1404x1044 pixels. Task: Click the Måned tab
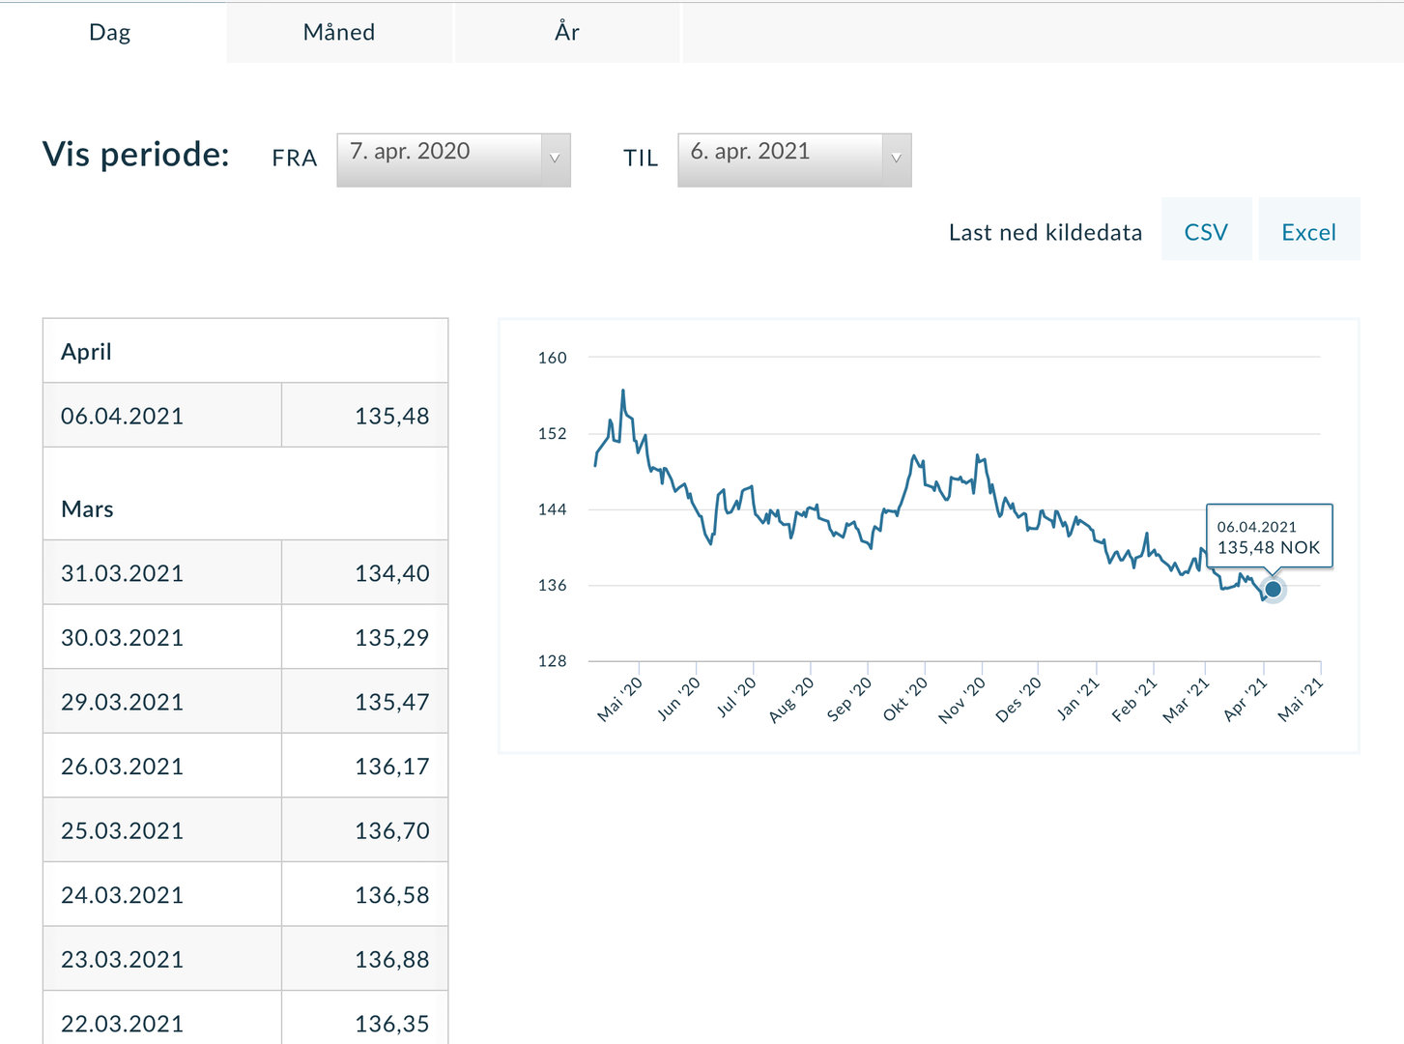point(338,32)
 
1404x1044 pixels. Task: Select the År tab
point(566,32)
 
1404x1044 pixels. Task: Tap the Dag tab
point(110,32)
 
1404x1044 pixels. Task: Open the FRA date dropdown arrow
point(555,159)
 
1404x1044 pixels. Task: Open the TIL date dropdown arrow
point(896,159)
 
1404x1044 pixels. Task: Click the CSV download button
point(1206,232)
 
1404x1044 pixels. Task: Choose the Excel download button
point(1308,232)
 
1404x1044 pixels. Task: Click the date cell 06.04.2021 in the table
point(123,416)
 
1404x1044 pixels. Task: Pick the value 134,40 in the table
point(391,573)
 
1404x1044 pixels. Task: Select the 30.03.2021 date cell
point(123,638)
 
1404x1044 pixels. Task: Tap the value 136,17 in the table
point(391,767)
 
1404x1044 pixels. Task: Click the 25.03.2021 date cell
point(123,830)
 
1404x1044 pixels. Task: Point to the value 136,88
point(391,959)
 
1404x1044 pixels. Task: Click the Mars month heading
point(87,509)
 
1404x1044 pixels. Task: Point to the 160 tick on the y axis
point(553,358)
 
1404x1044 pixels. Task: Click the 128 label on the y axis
point(553,661)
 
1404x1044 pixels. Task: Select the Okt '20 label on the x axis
point(905,698)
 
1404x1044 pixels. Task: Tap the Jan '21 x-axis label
point(1077,698)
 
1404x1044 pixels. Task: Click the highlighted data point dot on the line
point(1273,589)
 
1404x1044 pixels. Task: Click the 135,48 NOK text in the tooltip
point(1268,548)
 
